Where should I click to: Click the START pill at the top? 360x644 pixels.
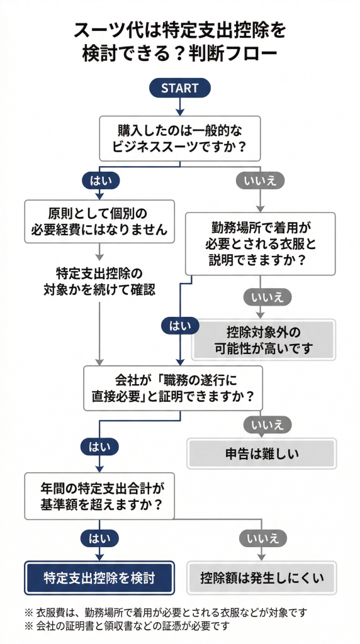(179, 88)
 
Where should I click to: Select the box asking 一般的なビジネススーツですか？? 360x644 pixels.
(179, 139)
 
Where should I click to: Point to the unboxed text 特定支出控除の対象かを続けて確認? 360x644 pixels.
(99, 282)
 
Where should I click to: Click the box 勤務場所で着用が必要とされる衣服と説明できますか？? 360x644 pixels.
(260, 243)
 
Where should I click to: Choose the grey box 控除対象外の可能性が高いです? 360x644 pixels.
(264, 340)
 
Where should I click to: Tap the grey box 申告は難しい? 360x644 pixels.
(262, 452)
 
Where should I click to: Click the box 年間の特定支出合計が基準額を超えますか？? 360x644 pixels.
(98, 496)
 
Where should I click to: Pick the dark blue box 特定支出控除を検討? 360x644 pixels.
(99, 577)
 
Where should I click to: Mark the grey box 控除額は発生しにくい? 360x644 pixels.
(262, 577)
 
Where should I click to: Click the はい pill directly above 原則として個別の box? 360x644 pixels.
(99, 180)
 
